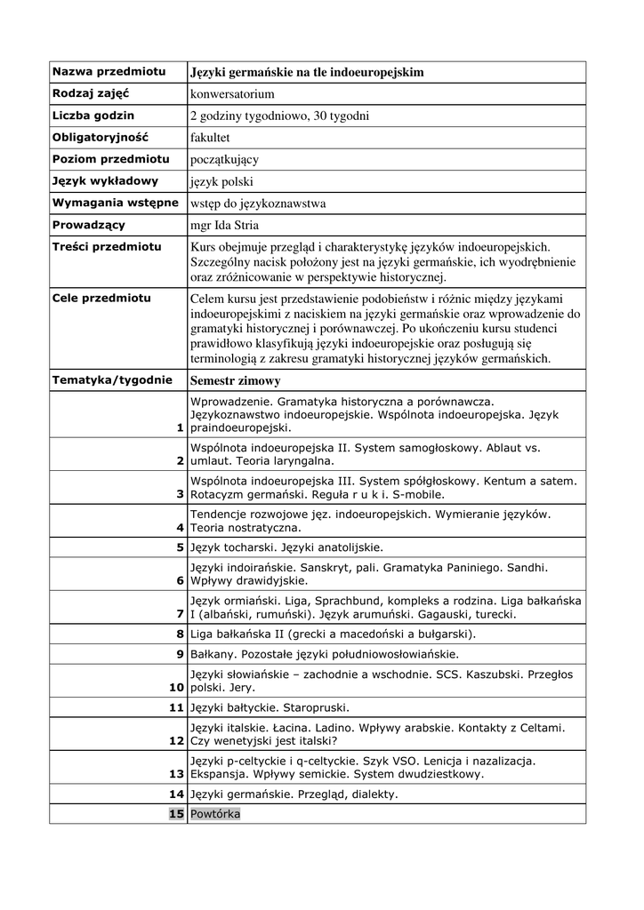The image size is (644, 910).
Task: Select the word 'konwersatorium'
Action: (x=232, y=93)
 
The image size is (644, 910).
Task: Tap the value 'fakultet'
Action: (x=210, y=138)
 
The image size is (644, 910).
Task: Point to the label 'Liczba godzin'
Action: (x=93, y=116)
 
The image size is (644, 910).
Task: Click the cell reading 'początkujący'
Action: (x=224, y=160)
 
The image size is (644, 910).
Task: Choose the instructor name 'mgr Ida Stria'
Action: (x=225, y=226)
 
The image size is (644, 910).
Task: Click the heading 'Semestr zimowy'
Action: (x=236, y=380)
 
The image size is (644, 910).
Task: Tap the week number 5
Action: (x=180, y=547)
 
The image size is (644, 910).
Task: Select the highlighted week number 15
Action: (x=176, y=814)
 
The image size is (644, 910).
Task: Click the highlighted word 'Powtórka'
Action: (x=215, y=814)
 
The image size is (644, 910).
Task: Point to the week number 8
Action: (x=180, y=634)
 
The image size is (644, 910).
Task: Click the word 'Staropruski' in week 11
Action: (x=315, y=708)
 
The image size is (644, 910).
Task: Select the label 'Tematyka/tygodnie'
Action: (x=112, y=379)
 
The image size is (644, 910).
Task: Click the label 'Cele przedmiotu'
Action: (x=101, y=298)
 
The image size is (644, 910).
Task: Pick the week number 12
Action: (x=176, y=740)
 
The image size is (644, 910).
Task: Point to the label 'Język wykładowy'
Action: (x=105, y=181)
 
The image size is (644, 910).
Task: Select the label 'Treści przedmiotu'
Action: (x=106, y=246)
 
